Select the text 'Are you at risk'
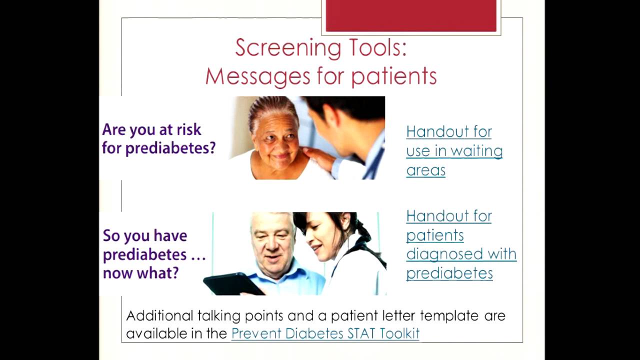tap(151, 129)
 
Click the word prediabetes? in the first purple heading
tap(170, 148)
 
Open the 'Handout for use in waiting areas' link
tap(453, 150)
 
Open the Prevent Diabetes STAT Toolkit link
tap(325, 333)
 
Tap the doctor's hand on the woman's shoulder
tap(317, 157)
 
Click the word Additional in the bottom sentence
tap(159, 316)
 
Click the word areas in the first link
tap(425, 170)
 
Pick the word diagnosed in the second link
tap(440, 254)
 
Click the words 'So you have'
tap(144, 235)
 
